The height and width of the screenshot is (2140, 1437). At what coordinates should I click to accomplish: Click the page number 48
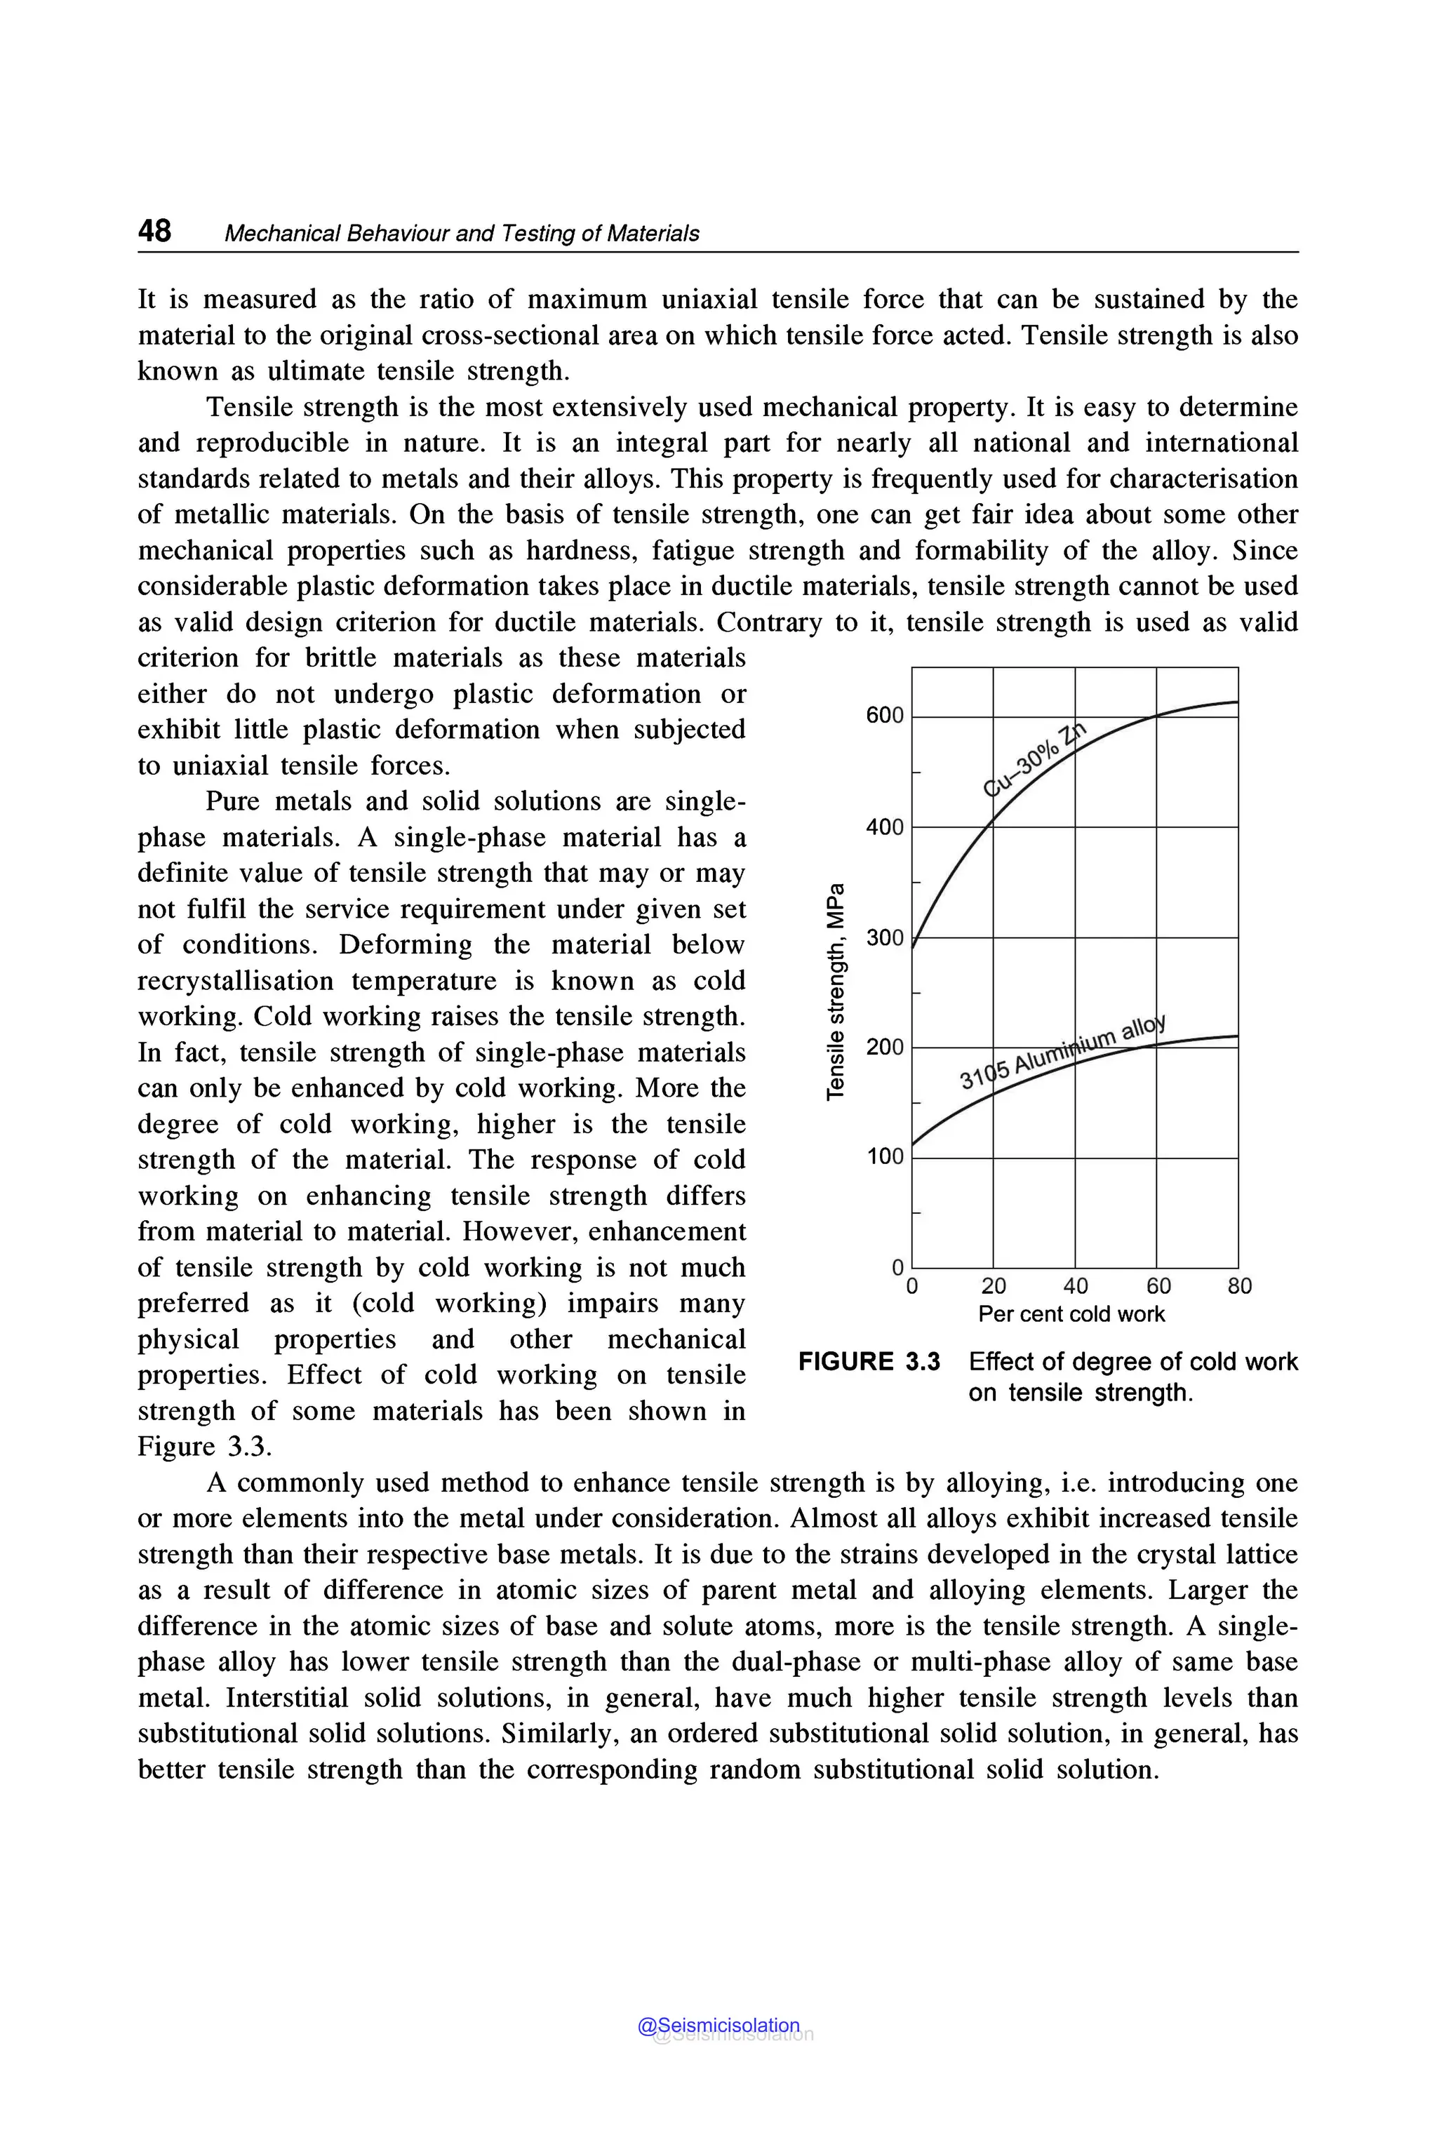tap(154, 230)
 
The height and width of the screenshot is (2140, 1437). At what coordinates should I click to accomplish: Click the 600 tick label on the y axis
tap(884, 715)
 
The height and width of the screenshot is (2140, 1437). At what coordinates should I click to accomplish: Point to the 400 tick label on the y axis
tap(884, 827)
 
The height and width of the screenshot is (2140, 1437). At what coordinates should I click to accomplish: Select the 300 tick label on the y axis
tap(884, 937)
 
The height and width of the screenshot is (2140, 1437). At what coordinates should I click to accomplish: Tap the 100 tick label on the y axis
tap(884, 1156)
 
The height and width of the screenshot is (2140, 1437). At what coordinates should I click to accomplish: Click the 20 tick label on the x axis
tap(994, 1286)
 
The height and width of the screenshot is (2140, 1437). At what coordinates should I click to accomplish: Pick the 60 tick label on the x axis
tap(1158, 1286)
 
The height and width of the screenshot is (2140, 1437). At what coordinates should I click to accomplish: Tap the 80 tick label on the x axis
tap(1239, 1286)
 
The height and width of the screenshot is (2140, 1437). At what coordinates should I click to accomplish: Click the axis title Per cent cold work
tap(1071, 1314)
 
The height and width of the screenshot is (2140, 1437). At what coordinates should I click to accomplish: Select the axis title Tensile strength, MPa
tap(835, 991)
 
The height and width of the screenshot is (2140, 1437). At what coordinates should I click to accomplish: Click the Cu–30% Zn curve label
tap(1034, 760)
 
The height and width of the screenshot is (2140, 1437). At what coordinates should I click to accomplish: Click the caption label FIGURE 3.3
tap(869, 1362)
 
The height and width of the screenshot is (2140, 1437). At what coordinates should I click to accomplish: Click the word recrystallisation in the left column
tap(234, 981)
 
